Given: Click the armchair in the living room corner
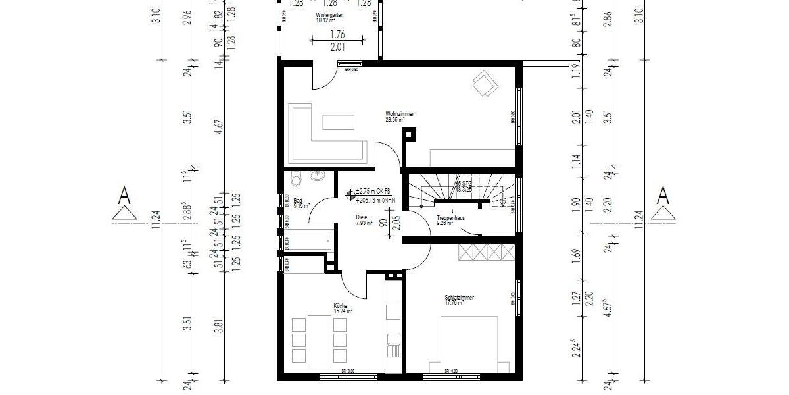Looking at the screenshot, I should pos(485,84).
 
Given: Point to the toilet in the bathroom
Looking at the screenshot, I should pos(295,178).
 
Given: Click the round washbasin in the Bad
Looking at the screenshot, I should pos(317,178).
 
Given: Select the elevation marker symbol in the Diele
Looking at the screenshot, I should pos(349,194).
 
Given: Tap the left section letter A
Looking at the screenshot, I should pos(123,195).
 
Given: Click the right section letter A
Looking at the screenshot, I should pos(663,195).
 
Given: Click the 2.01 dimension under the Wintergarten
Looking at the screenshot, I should pos(337,46).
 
